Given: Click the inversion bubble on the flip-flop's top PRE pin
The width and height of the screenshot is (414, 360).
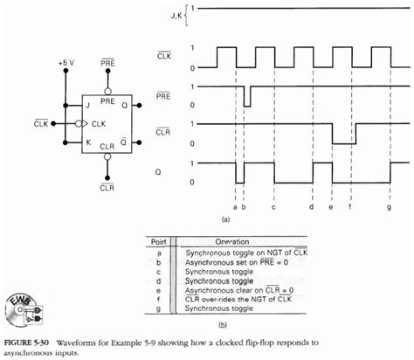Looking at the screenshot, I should [x=107, y=89].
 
